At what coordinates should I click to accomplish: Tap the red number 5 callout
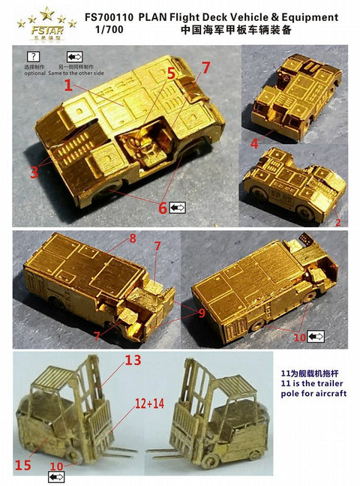[x=171, y=73]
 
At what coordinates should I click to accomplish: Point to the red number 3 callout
[x=34, y=172]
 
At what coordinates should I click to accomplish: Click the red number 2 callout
[x=338, y=223]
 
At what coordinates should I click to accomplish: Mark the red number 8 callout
[x=132, y=238]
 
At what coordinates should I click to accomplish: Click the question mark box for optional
[x=32, y=57]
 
